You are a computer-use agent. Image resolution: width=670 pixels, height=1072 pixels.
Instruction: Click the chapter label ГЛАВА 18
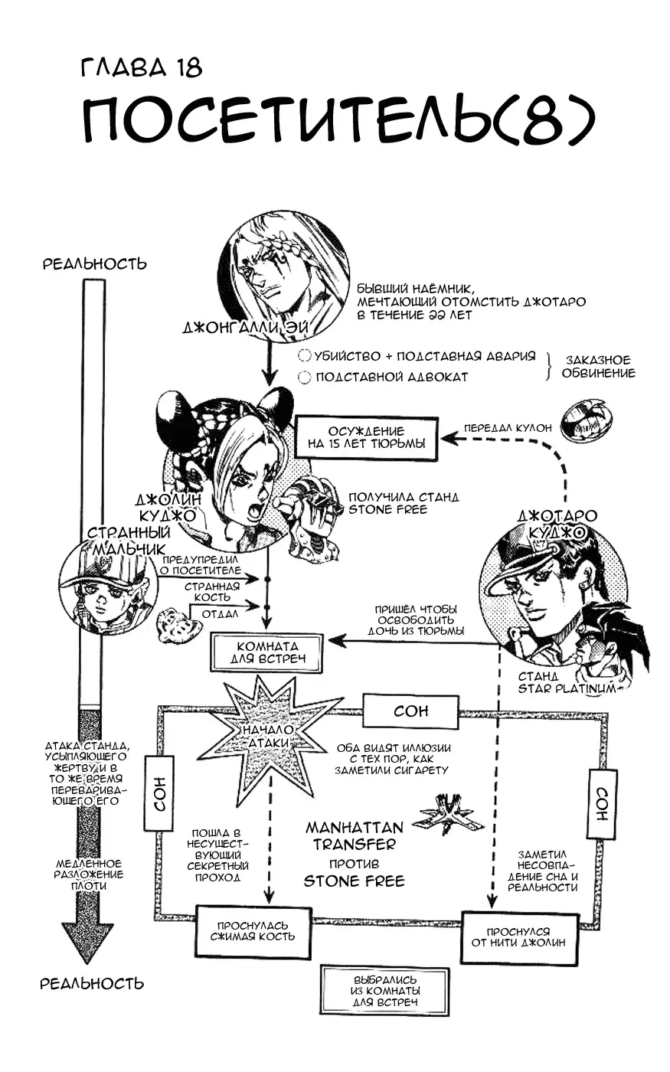pos(142,67)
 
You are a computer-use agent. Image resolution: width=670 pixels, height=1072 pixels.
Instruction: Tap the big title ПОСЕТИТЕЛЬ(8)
pos(337,123)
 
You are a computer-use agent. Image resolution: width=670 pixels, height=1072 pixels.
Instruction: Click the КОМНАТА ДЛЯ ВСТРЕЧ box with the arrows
pos(266,652)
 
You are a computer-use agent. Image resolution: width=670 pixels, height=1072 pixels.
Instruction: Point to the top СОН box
pos(410,711)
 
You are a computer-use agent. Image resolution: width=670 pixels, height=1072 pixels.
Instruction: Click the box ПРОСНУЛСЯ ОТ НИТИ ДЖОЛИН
pos(518,937)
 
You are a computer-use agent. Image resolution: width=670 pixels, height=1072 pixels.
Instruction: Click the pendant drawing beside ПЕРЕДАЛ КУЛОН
pos(586,419)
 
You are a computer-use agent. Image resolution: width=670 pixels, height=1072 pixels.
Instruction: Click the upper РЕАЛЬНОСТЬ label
pos(94,264)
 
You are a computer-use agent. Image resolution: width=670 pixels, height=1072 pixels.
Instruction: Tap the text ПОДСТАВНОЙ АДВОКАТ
pos(391,377)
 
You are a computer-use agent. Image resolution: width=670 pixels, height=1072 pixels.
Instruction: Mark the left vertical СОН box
pos(159,794)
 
